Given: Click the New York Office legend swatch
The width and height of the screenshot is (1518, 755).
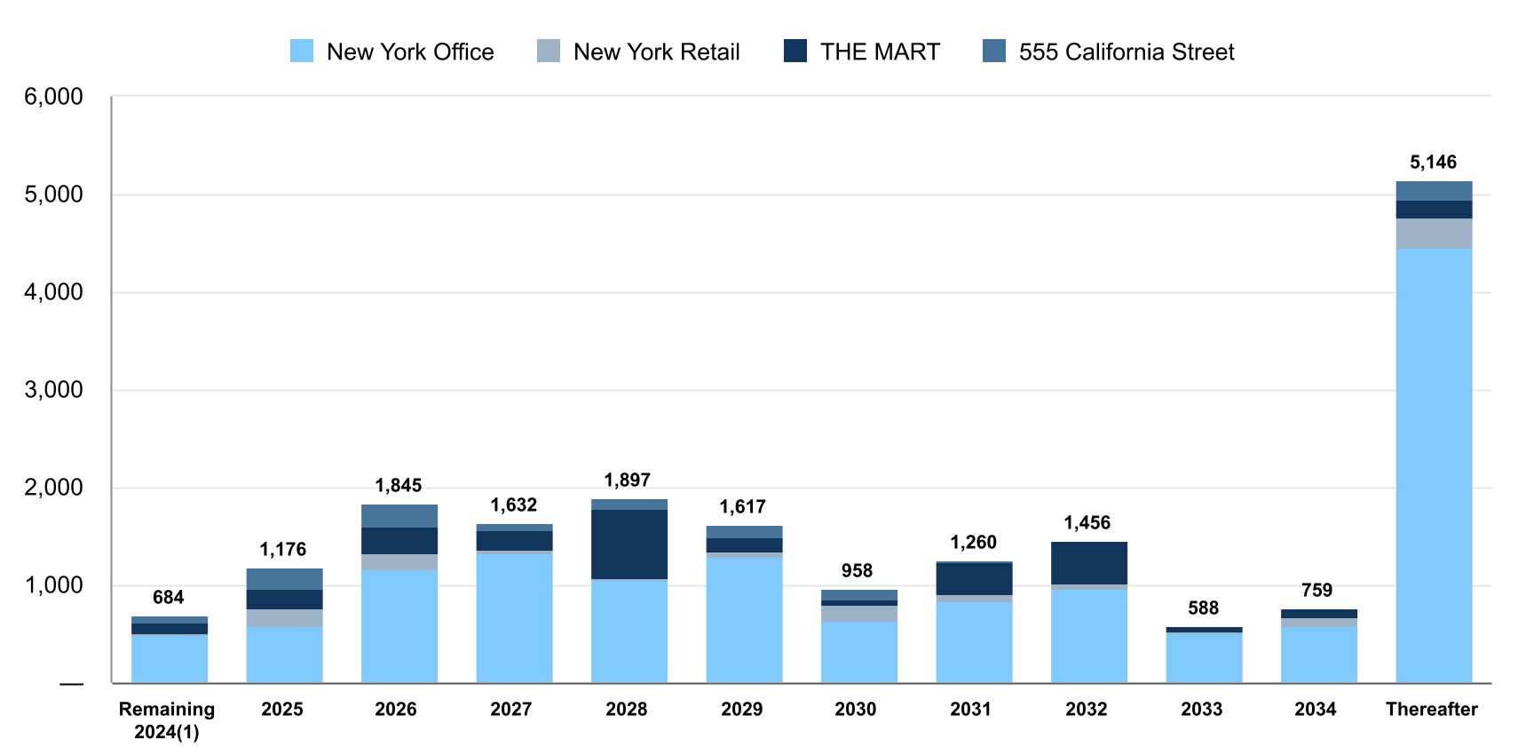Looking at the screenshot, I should click(302, 52).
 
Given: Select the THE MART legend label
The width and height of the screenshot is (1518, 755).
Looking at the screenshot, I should click(879, 52).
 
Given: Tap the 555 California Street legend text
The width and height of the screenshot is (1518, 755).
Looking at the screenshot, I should click(1126, 52).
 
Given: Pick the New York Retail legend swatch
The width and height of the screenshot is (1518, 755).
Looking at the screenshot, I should click(549, 52).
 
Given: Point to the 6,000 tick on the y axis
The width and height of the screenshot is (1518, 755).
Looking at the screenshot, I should click(53, 97).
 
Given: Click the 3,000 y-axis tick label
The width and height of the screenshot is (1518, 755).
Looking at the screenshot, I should click(53, 390).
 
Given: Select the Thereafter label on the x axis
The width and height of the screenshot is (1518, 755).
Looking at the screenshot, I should click(1431, 709).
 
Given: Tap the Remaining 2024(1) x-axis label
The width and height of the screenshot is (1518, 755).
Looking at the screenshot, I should click(167, 720).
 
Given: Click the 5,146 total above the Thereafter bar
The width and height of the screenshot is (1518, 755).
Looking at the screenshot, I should click(1433, 162).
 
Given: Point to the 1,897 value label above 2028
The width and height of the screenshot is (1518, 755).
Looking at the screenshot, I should click(627, 480).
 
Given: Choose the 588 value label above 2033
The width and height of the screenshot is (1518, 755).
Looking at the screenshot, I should click(1203, 608).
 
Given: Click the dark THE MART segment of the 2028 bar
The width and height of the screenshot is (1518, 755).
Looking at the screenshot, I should click(629, 544).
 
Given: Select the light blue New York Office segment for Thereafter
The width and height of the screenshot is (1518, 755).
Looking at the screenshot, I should click(1434, 462).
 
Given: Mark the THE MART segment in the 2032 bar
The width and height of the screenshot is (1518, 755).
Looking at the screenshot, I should click(1089, 562).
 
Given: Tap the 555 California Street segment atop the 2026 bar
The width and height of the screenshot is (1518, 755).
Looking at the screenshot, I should click(399, 515).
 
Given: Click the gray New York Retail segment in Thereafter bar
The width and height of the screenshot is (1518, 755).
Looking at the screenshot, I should click(1434, 233).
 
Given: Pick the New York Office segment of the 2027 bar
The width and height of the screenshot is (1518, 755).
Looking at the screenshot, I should click(514, 617).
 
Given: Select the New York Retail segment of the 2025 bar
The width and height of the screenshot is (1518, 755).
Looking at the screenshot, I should click(284, 618).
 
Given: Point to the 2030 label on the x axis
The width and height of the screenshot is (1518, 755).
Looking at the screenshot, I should click(855, 709).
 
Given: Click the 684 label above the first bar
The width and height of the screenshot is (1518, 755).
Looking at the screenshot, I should click(168, 597).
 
